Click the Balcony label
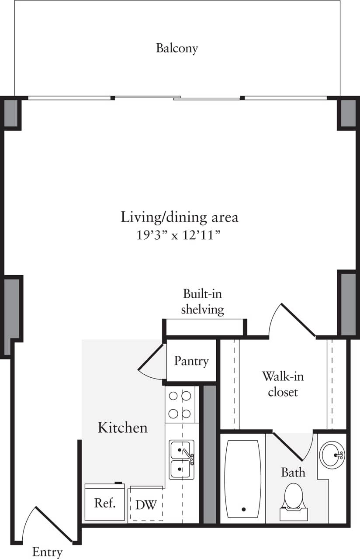pos(177,48)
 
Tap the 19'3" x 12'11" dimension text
pos(180,235)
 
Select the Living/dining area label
pos(180,217)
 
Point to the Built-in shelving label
pos(202,301)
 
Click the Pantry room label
pos(191,361)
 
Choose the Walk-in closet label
pos(283,383)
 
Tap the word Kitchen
pos(122,427)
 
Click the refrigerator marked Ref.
pos(105,503)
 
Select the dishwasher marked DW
pos(146,505)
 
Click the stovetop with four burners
pos(180,404)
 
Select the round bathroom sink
pos(333,455)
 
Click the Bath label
pos(293,472)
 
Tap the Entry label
pos(47,552)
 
